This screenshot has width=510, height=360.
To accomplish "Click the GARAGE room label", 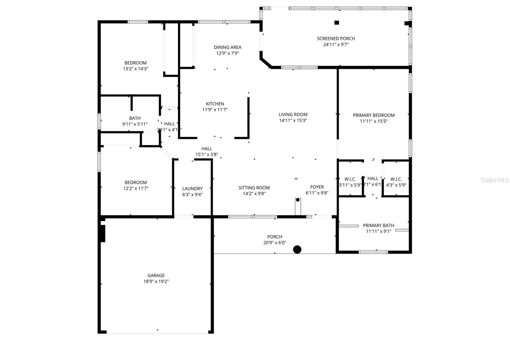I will pyautogui.click(x=156, y=276).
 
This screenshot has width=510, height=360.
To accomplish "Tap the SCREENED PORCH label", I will pyautogui.click(x=336, y=39).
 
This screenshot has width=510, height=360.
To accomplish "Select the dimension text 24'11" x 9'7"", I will pyautogui.click(x=336, y=45).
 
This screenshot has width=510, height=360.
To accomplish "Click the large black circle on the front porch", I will pyautogui.click(x=297, y=249).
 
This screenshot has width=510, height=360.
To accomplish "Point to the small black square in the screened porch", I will pyautogui.click(x=336, y=22).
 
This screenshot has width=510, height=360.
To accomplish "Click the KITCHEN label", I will pyautogui.click(x=215, y=104).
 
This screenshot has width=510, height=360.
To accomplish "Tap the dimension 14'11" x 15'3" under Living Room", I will pyautogui.click(x=293, y=120).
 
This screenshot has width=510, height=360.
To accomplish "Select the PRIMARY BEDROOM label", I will pyautogui.click(x=374, y=115).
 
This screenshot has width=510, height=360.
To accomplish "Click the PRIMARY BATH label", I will pyautogui.click(x=378, y=226).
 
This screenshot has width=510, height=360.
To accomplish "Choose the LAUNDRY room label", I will pyautogui.click(x=192, y=189).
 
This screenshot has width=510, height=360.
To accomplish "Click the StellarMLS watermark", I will pyautogui.click(x=494, y=180).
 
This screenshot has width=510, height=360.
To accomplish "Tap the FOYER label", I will pyautogui.click(x=317, y=187).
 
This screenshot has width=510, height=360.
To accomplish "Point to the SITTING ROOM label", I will pyautogui.click(x=254, y=188).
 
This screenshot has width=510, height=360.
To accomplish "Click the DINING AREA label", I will pyautogui.click(x=227, y=47).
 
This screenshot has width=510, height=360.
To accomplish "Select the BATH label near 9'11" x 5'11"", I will pyautogui.click(x=135, y=118).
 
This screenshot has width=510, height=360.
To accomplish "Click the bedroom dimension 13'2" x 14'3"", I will pyautogui.click(x=135, y=69).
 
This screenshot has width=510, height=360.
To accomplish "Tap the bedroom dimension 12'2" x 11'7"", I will pyautogui.click(x=136, y=188).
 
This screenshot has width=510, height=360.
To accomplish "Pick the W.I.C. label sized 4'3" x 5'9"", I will pyautogui.click(x=396, y=179).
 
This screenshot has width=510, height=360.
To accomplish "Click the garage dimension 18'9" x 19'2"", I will pyautogui.click(x=156, y=282).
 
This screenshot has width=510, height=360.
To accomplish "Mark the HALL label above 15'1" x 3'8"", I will pyautogui.click(x=207, y=149).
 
